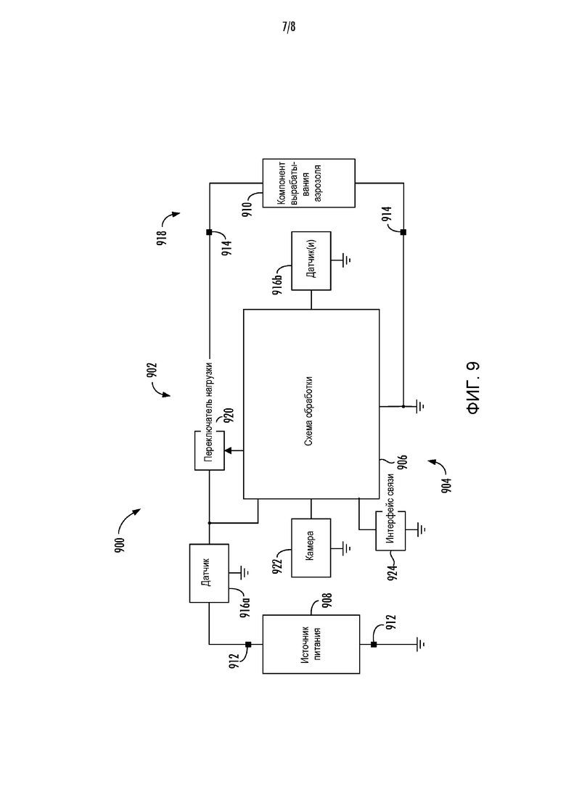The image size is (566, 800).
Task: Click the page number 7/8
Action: pos(288,27)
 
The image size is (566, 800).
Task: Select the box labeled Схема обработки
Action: pos(311,403)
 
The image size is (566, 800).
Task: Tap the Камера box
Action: pos(311,548)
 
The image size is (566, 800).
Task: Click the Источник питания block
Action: pos(311,644)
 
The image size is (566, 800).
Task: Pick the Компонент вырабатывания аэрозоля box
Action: pos(309,183)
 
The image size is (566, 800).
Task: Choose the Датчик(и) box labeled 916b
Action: pos(311,260)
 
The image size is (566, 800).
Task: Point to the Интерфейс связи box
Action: pos(390,531)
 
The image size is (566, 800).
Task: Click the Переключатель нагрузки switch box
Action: pos(209,450)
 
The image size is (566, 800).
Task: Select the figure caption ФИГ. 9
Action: pos(473,387)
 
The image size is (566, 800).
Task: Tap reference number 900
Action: pos(120,545)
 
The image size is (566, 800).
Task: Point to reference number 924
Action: pos(392,572)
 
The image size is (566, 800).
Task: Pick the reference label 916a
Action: pos(245,607)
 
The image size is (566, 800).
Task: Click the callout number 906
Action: pos(403,461)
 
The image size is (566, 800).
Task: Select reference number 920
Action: pos(228,416)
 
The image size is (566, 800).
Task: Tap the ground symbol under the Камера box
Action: pos(347,548)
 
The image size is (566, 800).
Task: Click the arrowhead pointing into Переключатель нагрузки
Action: pos(228,450)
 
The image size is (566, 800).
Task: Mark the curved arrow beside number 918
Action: pos(171,218)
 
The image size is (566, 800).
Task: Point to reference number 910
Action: pos(248,209)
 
